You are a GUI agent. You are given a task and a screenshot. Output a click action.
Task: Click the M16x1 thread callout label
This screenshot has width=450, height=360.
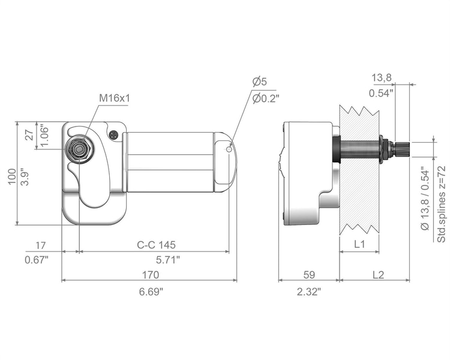click(x=115, y=98)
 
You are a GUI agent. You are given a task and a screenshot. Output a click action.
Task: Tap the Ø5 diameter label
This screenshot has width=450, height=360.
click(x=260, y=82)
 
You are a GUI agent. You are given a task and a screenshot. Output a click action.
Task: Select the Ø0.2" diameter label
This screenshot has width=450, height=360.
click(x=266, y=99)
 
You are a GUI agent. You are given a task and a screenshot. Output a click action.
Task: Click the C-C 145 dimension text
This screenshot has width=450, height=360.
click(x=156, y=245)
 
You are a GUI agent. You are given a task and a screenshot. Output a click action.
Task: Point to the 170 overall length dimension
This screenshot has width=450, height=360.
click(x=151, y=275)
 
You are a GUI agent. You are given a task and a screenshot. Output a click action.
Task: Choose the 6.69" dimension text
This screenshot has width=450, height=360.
click(x=151, y=292)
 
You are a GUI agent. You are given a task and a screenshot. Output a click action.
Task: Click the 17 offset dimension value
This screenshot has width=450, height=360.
click(x=40, y=245)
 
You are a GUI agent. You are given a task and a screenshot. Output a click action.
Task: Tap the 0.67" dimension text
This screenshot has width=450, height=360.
click(x=37, y=260)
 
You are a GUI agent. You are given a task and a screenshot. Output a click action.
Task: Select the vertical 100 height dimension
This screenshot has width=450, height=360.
click(x=12, y=176)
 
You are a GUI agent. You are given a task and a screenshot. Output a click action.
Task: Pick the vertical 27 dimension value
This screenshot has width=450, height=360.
click(x=29, y=134)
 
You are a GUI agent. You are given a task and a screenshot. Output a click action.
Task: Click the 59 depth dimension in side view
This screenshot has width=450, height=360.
click(x=309, y=275)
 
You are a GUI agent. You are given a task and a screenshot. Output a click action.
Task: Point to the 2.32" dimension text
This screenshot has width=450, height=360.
click(x=309, y=292)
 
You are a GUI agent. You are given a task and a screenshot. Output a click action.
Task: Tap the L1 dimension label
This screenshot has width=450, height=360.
click(x=359, y=244)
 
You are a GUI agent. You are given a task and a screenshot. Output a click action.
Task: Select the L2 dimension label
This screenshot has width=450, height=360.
click(x=378, y=275)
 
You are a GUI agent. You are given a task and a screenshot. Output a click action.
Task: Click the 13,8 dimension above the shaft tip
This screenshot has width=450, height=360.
click(x=382, y=77)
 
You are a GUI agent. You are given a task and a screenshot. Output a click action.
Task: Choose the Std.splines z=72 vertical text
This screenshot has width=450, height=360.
click(x=441, y=204)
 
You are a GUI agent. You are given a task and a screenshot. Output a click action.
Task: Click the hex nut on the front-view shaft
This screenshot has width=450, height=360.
click(x=79, y=149)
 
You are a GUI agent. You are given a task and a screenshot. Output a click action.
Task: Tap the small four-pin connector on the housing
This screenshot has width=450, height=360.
click(x=114, y=134)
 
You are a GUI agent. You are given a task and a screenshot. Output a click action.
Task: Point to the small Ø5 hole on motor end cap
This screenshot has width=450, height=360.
click(x=229, y=149)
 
